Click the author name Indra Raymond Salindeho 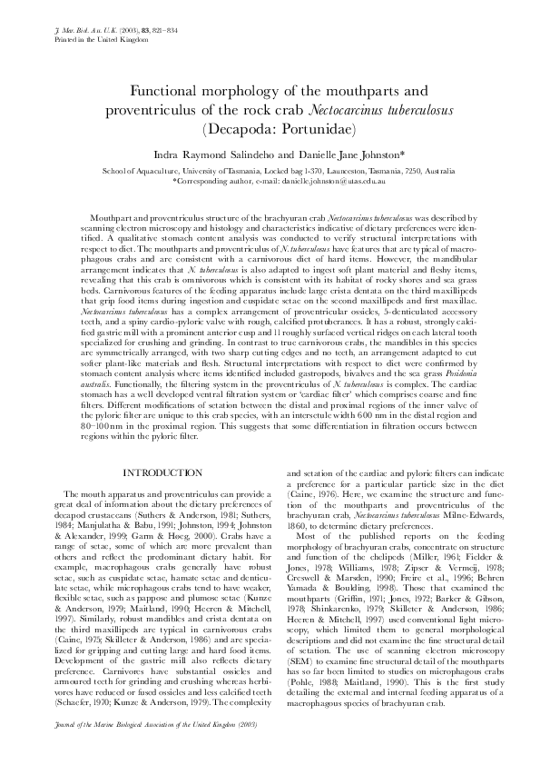coord(204,156)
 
